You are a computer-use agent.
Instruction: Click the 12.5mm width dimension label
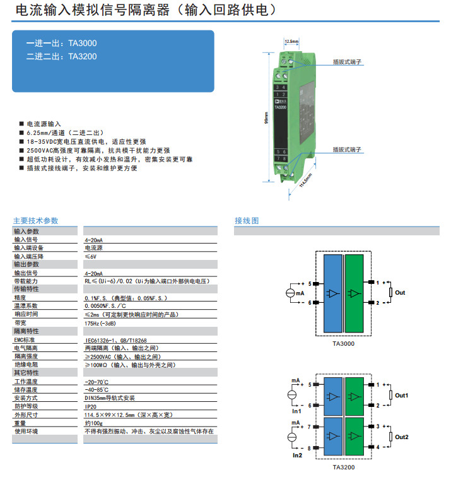coord(291,42)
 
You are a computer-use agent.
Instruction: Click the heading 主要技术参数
coord(35,221)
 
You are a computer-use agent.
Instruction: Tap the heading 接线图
coord(247,221)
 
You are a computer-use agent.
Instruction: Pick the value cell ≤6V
coord(91,257)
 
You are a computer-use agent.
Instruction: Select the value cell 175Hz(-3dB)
coord(100,322)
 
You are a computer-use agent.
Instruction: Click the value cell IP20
coord(91,406)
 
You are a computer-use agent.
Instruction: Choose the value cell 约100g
coord(94,423)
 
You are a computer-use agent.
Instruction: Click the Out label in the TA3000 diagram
coord(400,293)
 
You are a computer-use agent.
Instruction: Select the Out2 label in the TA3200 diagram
coord(402,437)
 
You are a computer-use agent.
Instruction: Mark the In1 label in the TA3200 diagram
coord(296,411)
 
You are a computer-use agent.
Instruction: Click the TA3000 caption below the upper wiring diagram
coord(344,344)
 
